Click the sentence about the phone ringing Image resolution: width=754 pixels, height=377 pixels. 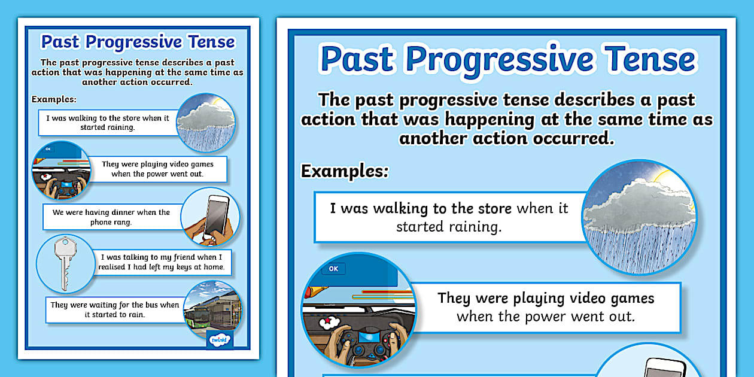pyautogui.click(x=111, y=217)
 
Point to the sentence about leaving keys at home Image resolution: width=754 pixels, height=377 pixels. pyautogui.click(x=162, y=262)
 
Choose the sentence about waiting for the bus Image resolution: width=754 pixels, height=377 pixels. pyautogui.click(x=114, y=309)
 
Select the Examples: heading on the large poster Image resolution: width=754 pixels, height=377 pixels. pyautogui.click(x=344, y=171)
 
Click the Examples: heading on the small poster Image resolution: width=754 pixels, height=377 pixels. pyautogui.click(x=54, y=99)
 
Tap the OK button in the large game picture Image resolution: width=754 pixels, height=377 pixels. pyautogui.click(x=333, y=269)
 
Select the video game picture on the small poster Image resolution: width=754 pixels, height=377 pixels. pyautogui.click(x=60, y=171)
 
